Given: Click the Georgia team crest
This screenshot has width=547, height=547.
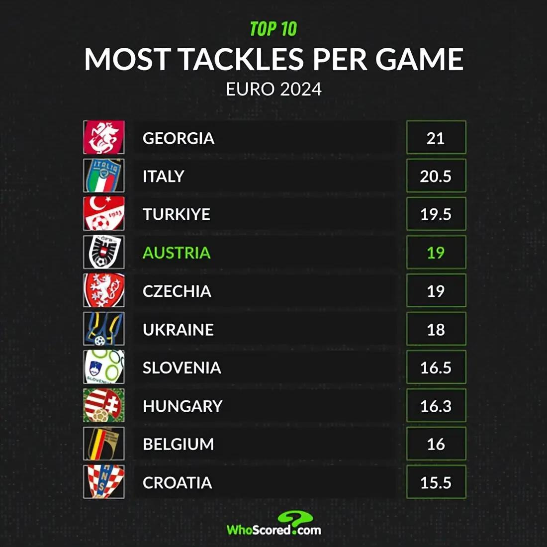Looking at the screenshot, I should [x=104, y=138].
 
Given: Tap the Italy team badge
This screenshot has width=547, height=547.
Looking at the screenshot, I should [x=104, y=176].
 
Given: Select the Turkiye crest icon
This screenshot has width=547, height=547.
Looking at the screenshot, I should [x=104, y=214].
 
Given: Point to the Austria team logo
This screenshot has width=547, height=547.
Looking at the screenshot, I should [x=104, y=253].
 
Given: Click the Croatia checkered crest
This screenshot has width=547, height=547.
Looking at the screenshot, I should [x=104, y=482].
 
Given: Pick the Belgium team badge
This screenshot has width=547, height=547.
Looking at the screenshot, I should [x=104, y=444].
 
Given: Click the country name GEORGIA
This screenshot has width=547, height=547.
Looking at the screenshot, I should [x=179, y=138].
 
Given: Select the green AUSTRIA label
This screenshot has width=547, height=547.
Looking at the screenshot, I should [x=177, y=253].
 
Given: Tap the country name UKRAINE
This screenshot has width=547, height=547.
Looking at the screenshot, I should [x=178, y=330].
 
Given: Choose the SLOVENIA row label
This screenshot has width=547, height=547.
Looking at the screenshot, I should [x=182, y=368].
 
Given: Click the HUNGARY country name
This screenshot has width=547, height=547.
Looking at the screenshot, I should [x=182, y=406].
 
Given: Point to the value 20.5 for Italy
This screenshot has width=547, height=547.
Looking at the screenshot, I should [x=436, y=177].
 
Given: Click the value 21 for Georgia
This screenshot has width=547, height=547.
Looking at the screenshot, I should [x=436, y=138].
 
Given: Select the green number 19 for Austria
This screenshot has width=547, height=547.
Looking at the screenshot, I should [x=436, y=253].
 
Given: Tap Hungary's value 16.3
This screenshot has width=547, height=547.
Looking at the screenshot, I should [x=436, y=406].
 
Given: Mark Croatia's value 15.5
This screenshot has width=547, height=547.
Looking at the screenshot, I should [x=436, y=483].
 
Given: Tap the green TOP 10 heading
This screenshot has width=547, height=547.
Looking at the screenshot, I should [x=273, y=29].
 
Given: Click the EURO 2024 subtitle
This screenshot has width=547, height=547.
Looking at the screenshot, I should [x=273, y=90].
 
